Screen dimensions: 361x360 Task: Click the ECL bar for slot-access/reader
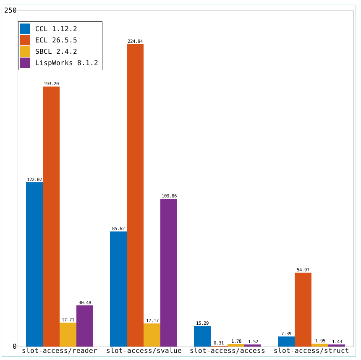[51, 216]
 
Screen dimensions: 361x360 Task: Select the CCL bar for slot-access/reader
[34, 264]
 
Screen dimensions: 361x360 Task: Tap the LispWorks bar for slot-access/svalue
[169, 273]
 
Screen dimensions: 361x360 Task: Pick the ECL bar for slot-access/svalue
[135, 195]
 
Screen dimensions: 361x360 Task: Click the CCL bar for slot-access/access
[202, 336]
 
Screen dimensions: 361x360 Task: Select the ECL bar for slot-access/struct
[303, 310]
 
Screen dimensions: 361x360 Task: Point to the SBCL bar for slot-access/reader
[68, 335]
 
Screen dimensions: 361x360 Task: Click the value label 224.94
[135, 41]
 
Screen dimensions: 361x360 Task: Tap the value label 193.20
[51, 84]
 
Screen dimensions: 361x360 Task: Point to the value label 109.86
[169, 196]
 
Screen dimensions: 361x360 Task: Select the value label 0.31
[219, 343]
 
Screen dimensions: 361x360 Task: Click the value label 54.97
[303, 270]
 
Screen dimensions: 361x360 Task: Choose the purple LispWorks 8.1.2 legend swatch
[25, 63]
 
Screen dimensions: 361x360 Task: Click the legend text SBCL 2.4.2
[56, 51]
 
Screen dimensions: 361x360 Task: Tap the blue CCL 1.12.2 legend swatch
[25, 29]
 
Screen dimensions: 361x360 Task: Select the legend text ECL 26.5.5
[56, 40]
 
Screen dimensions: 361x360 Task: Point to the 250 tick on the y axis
[10, 11]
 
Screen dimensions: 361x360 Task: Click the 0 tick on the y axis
[15, 347]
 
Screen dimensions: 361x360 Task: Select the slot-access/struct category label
[311, 351]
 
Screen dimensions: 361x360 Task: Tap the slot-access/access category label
[228, 351]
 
